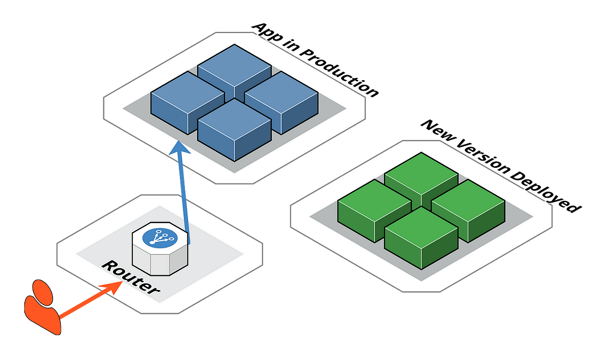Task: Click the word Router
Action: coord(131,278)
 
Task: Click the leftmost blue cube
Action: coord(186,101)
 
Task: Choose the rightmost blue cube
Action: coord(281,101)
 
